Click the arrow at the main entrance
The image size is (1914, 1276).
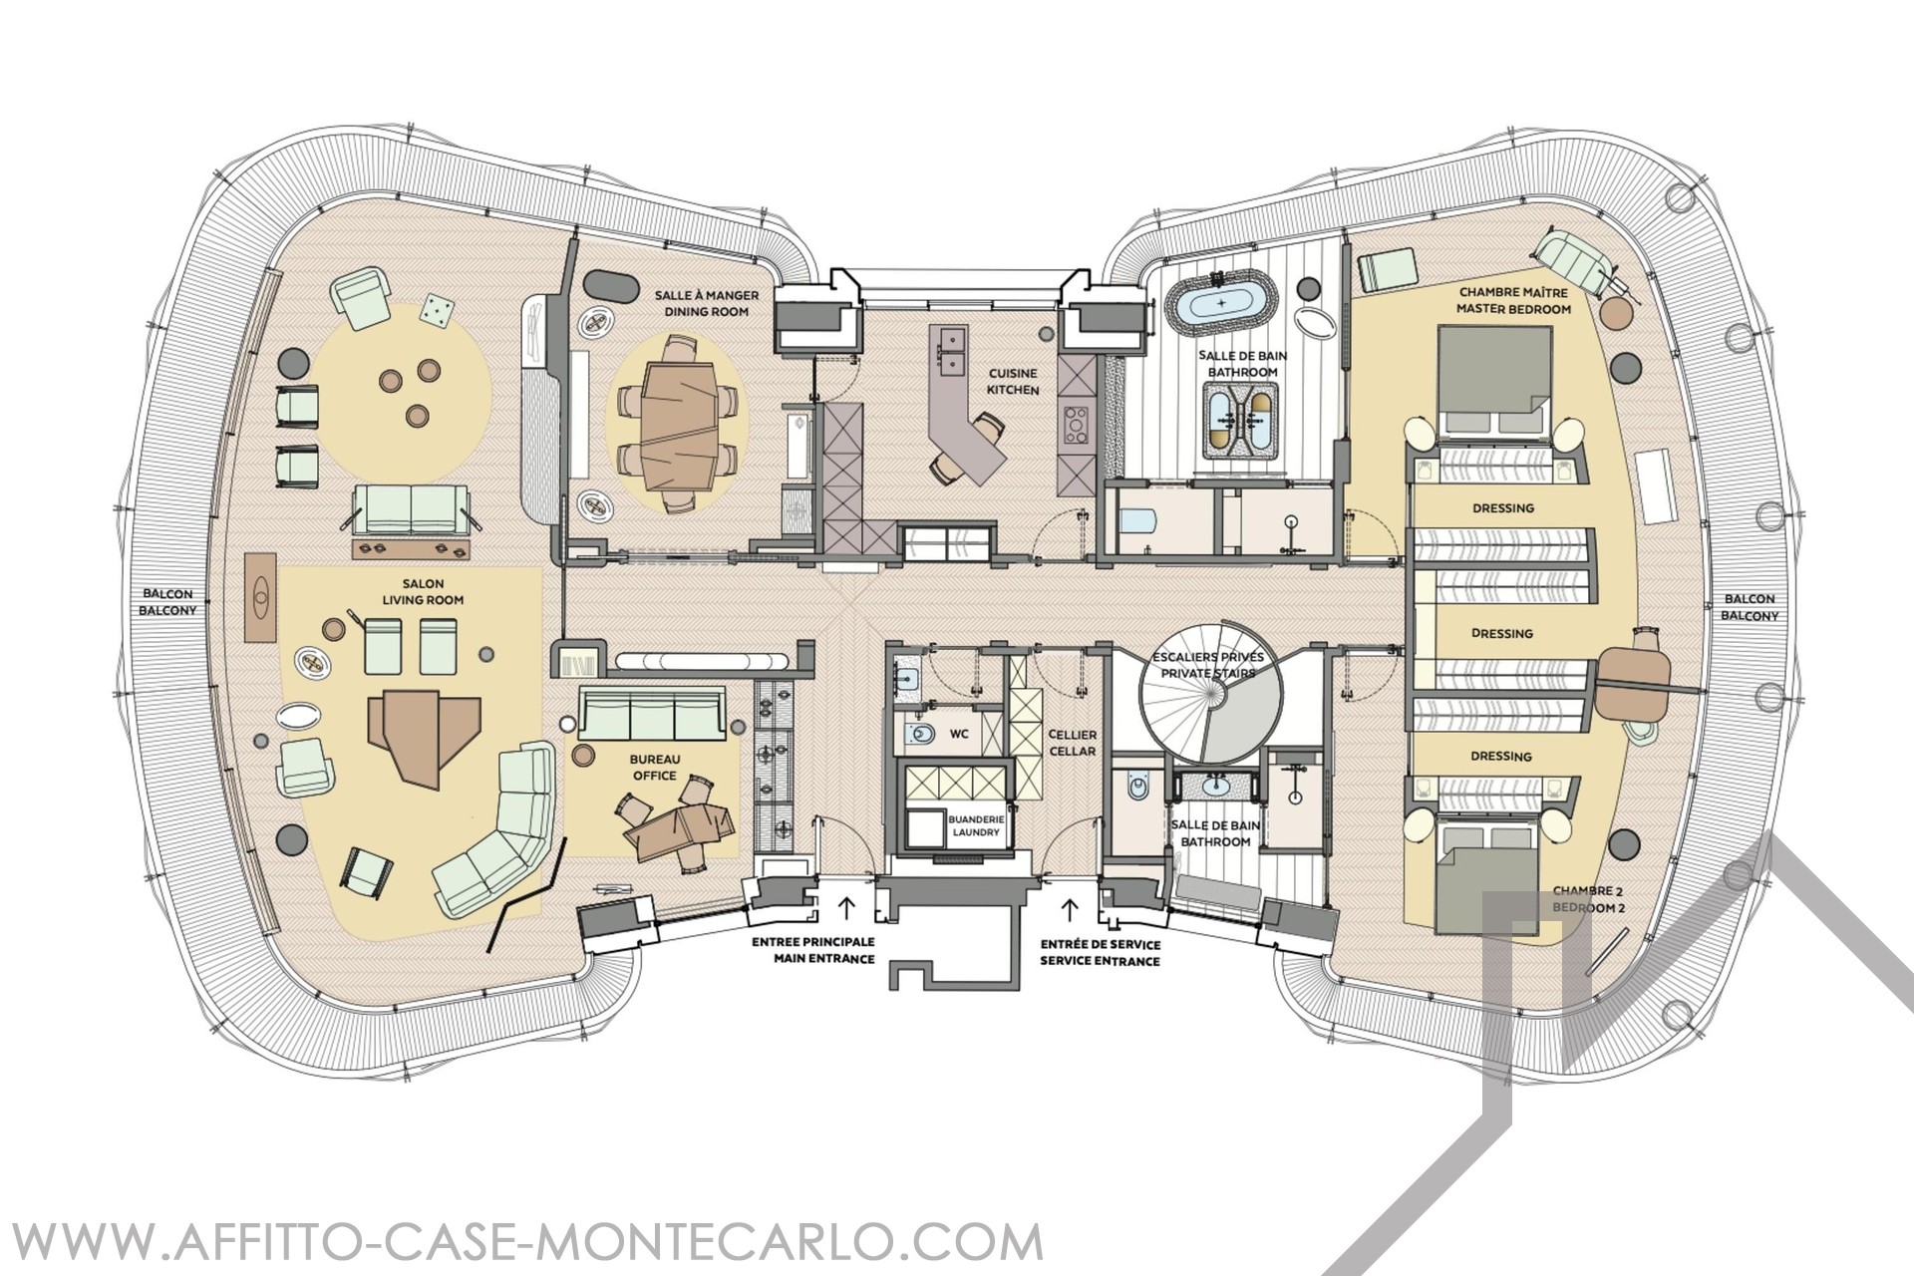tap(846, 908)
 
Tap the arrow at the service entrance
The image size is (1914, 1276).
tap(1072, 908)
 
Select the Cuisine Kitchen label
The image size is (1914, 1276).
tap(1014, 381)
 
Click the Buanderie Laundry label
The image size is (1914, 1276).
tap(975, 824)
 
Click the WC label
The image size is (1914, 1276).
tap(959, 733)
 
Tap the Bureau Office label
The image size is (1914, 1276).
tap(653, 768)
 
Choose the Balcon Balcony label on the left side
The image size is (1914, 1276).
tap(166, 602)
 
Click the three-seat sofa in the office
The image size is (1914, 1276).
tap(653, 718)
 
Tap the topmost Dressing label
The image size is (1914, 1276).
tap(1503, 508)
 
